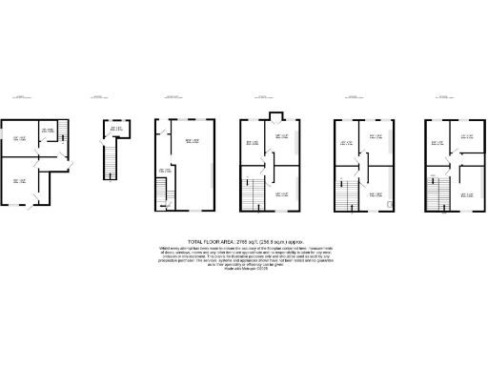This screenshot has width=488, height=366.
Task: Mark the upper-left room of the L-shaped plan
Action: pyautogui.click(x=19, y=140)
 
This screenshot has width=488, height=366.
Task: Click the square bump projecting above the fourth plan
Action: pyautogui.click(x=274, y=117)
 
